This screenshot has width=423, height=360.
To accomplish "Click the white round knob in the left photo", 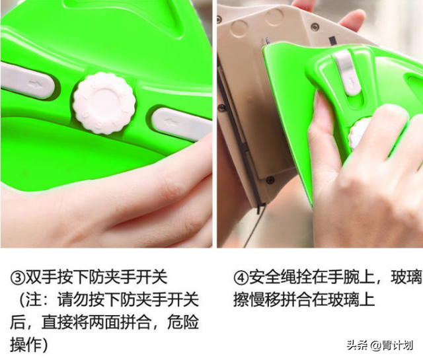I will (104, 102).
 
